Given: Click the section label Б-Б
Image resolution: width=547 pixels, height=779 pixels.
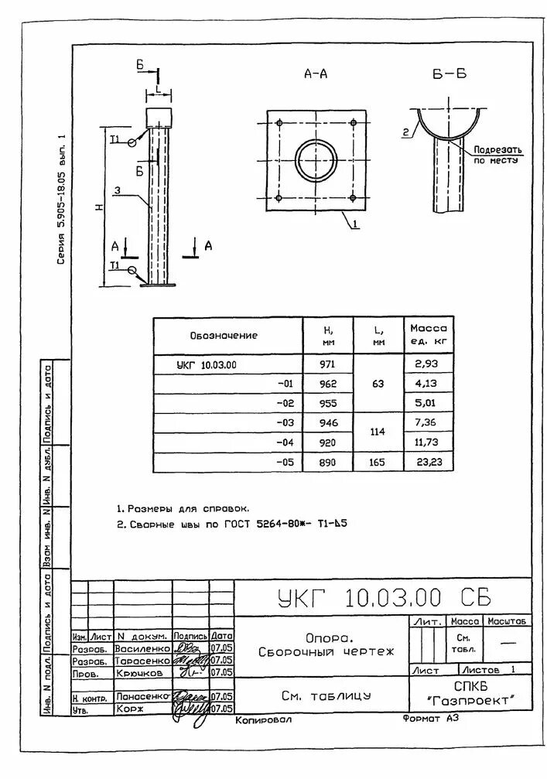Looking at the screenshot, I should [x=450, y=74].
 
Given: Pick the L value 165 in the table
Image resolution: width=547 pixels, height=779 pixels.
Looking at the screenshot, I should [x=378, y=462].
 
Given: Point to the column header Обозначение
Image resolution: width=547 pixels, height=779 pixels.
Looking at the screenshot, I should [x=224, y=336].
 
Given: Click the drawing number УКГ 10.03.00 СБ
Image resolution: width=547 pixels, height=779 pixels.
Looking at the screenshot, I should [x=382, y=597].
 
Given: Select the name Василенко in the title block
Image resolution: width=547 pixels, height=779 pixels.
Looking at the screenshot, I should [x=142, y=648].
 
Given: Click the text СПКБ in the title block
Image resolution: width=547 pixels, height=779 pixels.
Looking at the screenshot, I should [x=470, y=685].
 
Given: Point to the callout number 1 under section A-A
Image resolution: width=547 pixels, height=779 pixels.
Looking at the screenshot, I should [x=354, y=225].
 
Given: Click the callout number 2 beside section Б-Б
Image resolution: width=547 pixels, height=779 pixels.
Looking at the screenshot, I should [x=405, y=132].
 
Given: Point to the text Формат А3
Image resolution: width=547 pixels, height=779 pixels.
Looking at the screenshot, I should [x=431, y=719].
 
